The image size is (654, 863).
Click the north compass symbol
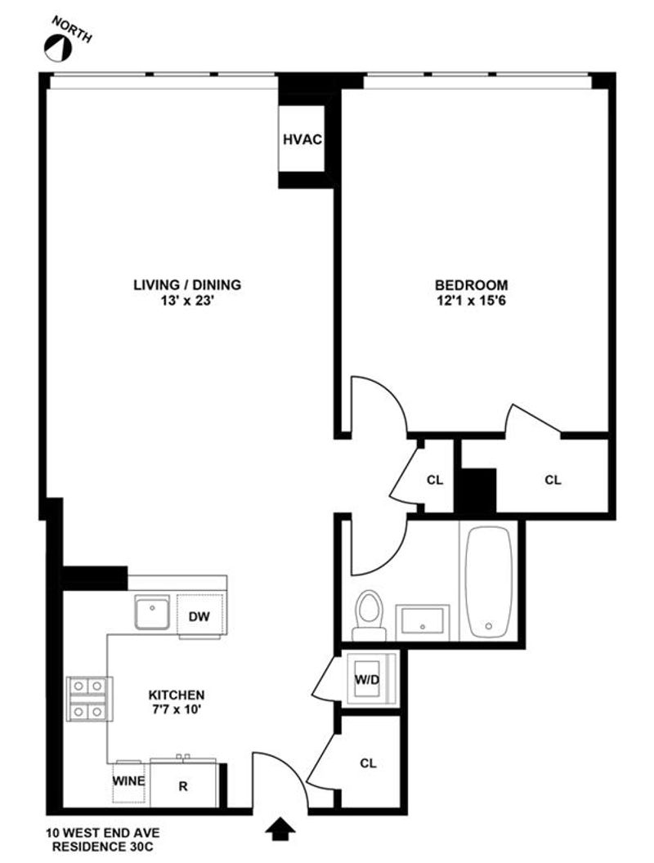(x=58, y=48)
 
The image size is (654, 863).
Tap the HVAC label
(x=302, y=139)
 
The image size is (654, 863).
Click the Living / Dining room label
(x=187, y=284)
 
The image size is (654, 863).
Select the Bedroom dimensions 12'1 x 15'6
(x=471, y=301)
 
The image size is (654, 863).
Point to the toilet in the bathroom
(x=369, y=615)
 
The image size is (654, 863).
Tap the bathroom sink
(x=422, y=620)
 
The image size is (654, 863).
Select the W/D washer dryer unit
(x=368, y=680)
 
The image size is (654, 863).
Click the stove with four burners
(x=89, y=699)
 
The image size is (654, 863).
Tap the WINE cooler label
(x=129, y=780)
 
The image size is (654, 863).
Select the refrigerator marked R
(x=184, y=786)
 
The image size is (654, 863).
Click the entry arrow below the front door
(x=280, y=829)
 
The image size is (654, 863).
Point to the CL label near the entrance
(x=369, y=762)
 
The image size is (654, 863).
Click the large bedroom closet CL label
(x=553, y=480)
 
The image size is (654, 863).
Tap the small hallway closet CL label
(x=435, y=480)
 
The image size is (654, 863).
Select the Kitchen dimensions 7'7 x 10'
(x=176, y=709)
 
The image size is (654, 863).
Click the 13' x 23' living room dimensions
(x=187, y=301)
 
